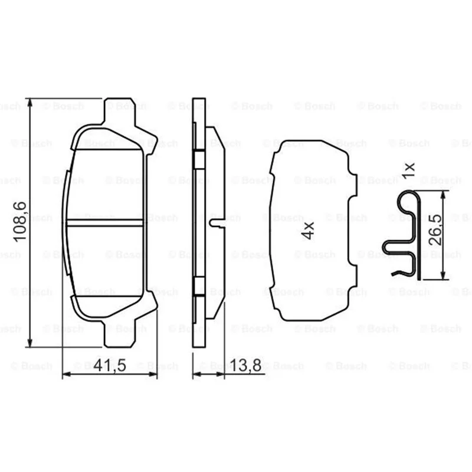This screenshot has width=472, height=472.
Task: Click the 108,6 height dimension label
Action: [20, 222]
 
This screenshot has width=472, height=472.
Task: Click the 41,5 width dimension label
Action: [110, 365]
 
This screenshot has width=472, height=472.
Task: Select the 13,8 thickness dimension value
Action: [245, 365]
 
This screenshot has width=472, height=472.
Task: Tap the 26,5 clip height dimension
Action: [435, 230]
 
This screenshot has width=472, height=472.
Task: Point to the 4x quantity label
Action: [308, 231]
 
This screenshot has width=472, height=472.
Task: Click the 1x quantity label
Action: [409, 171]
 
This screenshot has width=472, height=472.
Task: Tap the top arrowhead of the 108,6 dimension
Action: [29, 103]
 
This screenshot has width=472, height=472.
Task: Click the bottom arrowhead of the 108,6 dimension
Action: [29, 342]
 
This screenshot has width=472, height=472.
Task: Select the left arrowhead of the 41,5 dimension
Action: [67, 374]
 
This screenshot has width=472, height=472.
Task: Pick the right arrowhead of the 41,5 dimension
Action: [153, 374]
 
